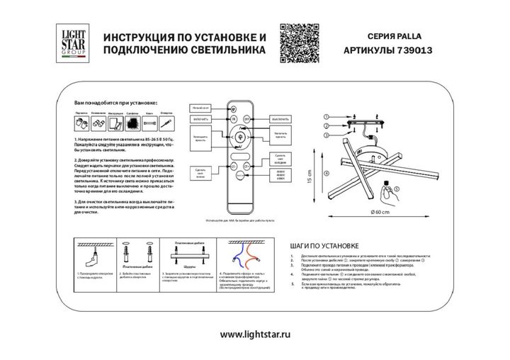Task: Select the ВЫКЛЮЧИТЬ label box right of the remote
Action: click(280, 119)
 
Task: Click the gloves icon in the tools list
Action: click(81, 123)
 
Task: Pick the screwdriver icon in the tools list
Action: click(114, 124)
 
